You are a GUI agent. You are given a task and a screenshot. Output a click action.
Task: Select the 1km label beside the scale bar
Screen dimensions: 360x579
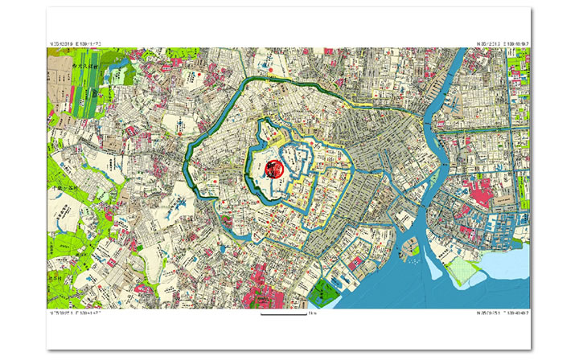coord(312,313)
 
